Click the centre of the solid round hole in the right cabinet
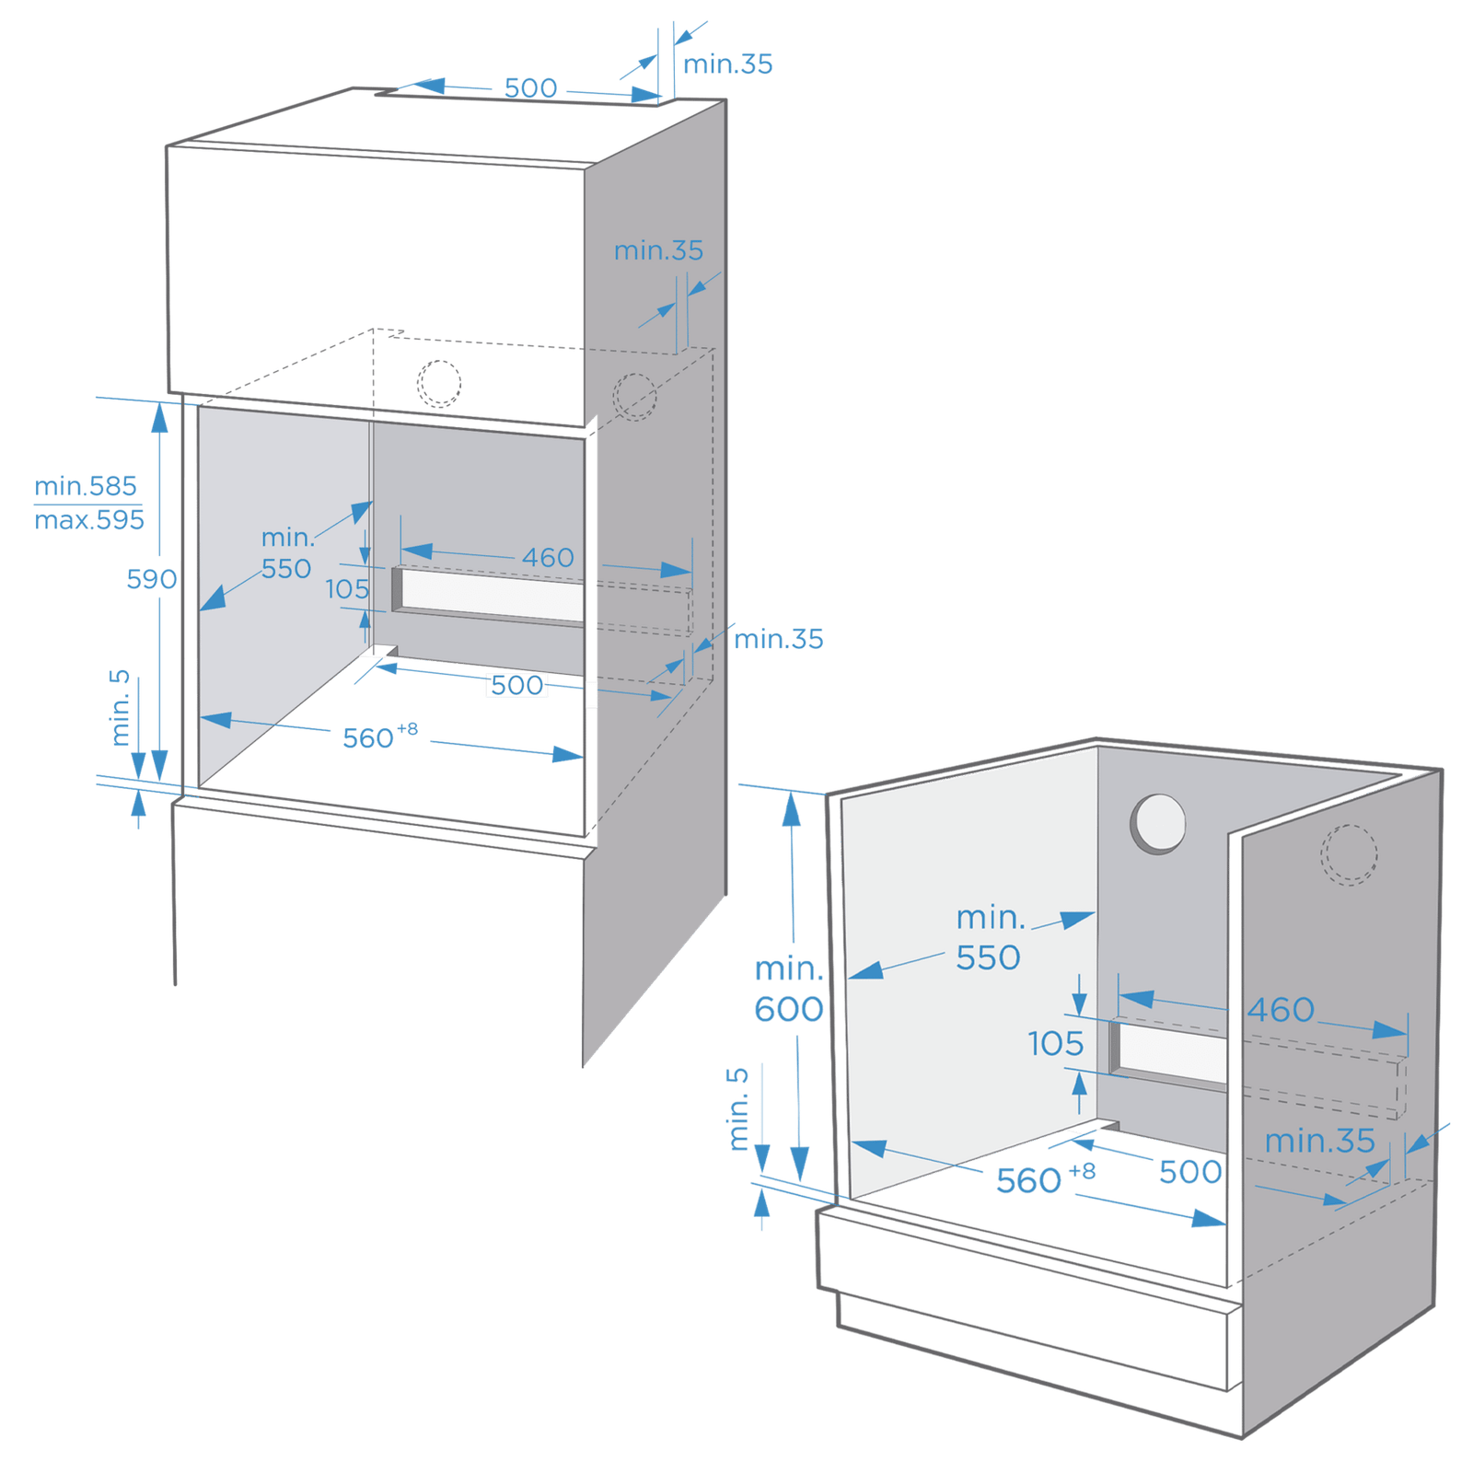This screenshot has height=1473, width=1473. (x=1159, y=822)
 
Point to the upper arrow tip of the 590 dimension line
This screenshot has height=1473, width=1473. (x=159, y=403)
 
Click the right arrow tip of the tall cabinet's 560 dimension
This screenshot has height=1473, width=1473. (x=584, y=756)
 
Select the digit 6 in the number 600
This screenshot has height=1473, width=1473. (x=764, y=1009)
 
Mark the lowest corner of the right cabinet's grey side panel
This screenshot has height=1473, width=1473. (x=1243, y=1437)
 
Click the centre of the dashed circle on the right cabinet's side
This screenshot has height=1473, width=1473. (x=1349, y=854)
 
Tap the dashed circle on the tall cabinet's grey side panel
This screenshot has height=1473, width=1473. (x=634, y=397)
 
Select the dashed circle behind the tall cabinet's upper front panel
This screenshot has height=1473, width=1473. (x=438, y=384)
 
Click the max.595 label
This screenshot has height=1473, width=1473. (x=89, y=520)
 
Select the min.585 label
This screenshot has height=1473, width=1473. (x=86, y=485)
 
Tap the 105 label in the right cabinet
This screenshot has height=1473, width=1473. (x=1056, y=1043)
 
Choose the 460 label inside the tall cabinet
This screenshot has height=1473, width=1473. (x=548, y=557)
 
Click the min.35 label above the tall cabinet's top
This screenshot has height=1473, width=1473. (x=727, y=64)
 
